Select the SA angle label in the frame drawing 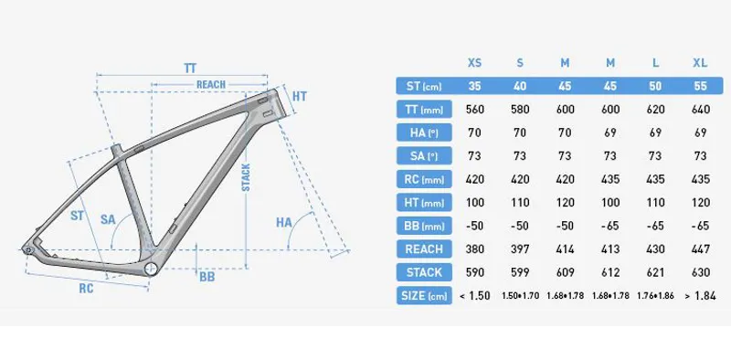click(108, 219)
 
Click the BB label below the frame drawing click(207, 277)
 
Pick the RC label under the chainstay click(86, 287)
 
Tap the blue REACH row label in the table click(422, 249)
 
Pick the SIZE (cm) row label click(422, 295)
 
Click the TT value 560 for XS click(473, 109)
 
